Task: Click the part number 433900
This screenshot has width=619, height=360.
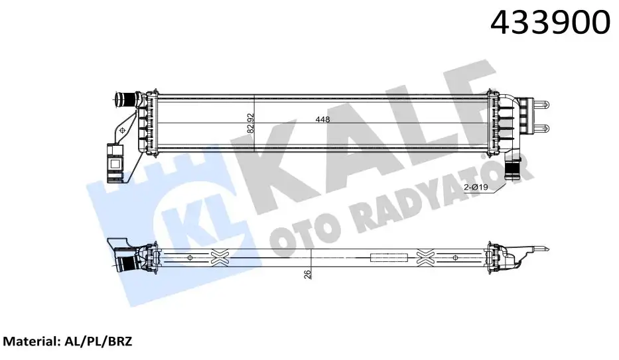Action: point(549,24)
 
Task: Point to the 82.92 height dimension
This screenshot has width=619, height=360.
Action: point(251,123)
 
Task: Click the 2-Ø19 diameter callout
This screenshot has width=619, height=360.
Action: point(476,188)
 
